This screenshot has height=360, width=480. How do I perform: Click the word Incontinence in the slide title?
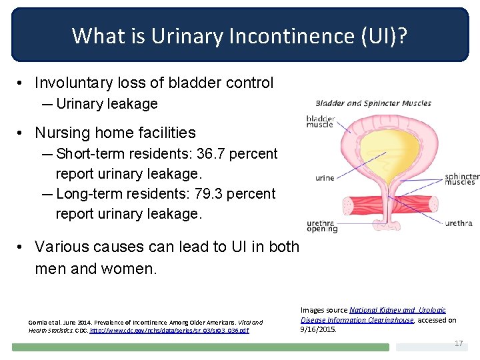coord(275,35)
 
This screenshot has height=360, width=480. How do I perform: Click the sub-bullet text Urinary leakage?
coord(107,104)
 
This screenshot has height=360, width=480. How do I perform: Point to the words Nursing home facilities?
coord(115,133)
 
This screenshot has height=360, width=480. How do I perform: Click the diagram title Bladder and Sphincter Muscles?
coord(373,103)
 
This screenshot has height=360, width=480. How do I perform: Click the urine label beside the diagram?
coord(325,178)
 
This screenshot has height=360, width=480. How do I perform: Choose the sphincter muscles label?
coord(461,179)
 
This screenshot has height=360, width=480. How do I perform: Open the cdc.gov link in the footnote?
coord(169,330)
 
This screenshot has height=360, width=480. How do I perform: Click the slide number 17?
coord(458,343)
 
